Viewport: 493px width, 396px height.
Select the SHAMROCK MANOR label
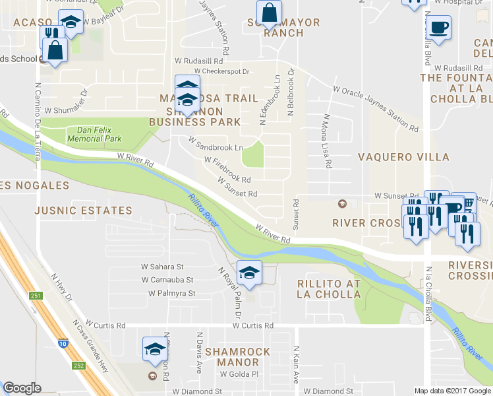click(x=237, y=357)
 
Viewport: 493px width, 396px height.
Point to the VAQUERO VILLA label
click(x=403, y=157)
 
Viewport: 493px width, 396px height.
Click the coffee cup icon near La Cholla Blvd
click(x=438, y=28)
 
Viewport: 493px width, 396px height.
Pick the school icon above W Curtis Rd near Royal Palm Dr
click(x=250, y=273)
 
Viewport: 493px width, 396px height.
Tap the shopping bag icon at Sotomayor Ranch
click(x=269, y=13)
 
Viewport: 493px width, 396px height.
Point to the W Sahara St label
click(x=162, y=267)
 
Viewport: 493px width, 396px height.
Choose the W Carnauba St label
click(x=167, y=280)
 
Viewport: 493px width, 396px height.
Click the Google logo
click(x=22, y=388)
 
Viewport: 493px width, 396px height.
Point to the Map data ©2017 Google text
click(x=452, y=391)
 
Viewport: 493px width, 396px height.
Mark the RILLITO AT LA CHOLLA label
click(x=329, y=288)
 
